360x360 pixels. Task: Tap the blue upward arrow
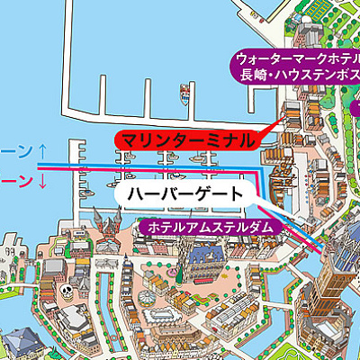[x=42, y=149]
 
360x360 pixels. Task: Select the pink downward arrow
[x=42, y=183]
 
